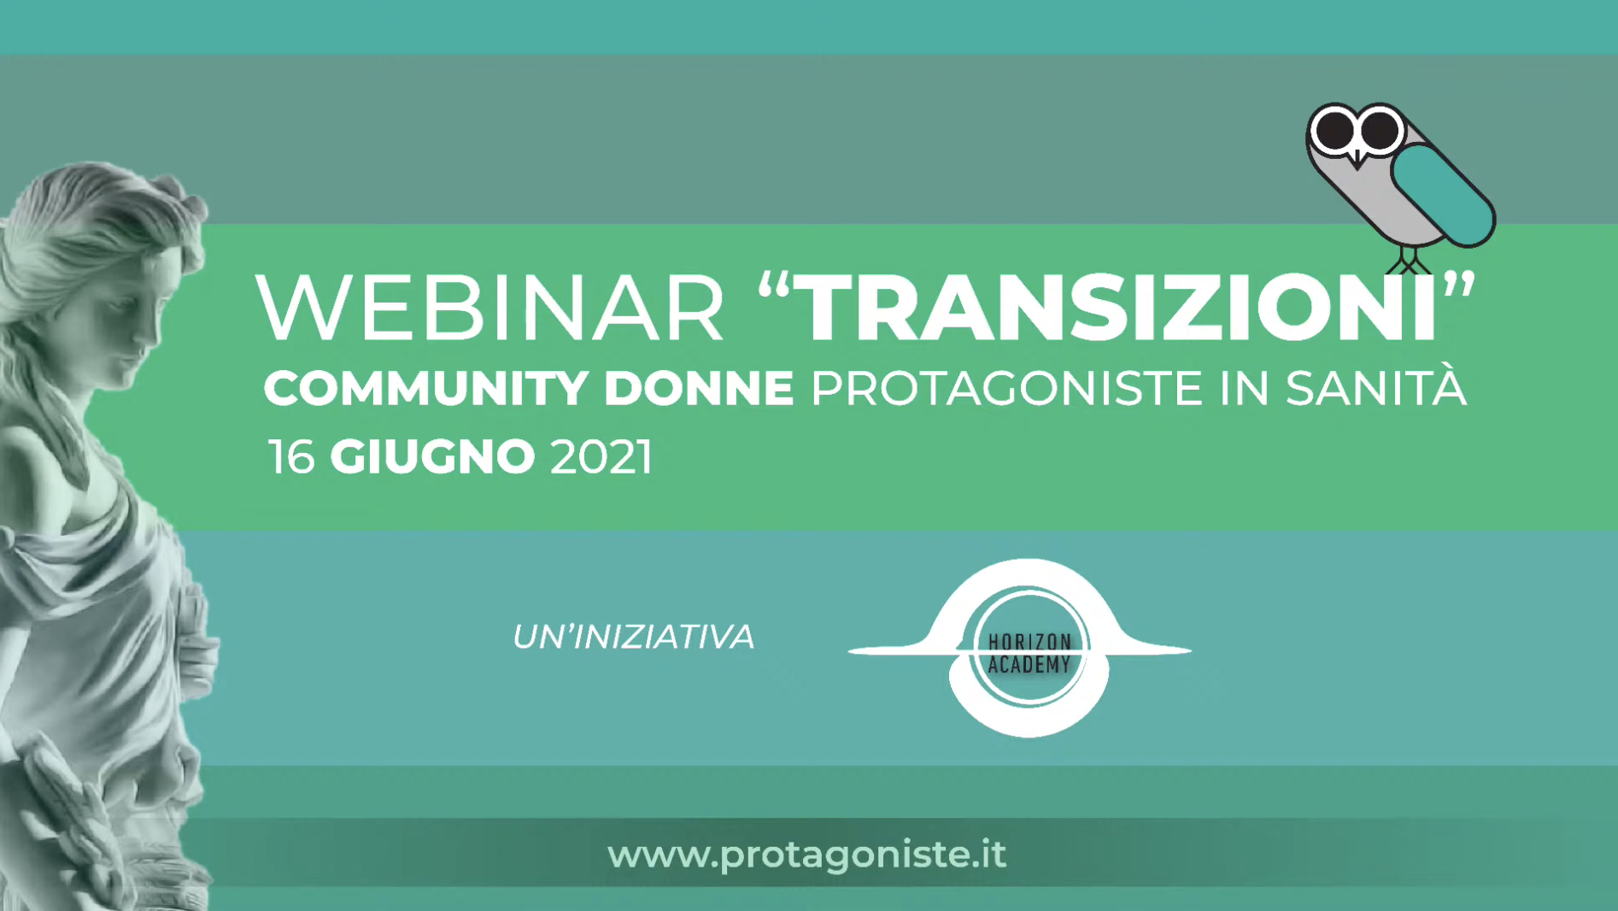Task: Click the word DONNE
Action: (x=699, y=388)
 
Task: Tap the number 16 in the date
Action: (x=291, y=456)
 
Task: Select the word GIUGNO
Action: (x=432, y=456)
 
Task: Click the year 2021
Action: (x=601, y=456)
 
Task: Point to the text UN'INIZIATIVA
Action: (x=633, y=637)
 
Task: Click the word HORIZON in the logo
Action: (x=1029, y=643)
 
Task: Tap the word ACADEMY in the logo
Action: (x=1029, y=664)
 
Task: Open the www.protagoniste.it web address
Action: (x=806, y=855)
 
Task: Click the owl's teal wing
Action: (x=1443, y=194)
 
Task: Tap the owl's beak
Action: (x=1357, y=158)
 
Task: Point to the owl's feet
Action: (x=1409, y=262)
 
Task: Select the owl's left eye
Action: (x=1334, y=130)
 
